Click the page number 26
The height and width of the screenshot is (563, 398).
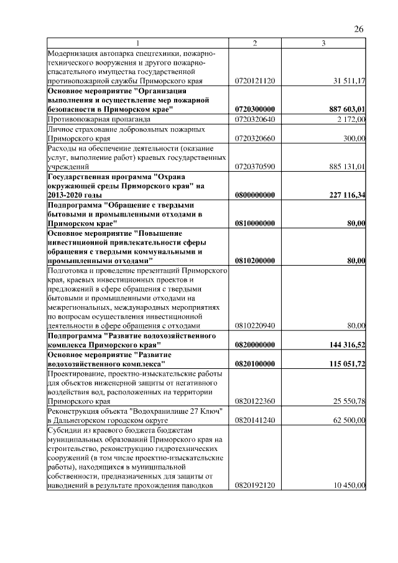[x=358, y=29]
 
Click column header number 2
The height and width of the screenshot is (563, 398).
[x=255, y=43]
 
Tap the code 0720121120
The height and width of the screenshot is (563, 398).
[x=255, y=81]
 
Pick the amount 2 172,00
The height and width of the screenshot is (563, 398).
[x=351, y=118]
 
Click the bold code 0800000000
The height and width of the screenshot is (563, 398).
[x=255, y=195]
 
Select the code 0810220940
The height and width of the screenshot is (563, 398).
[x=255, y=325]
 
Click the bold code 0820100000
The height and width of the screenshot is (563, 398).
[x=255, y=363]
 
